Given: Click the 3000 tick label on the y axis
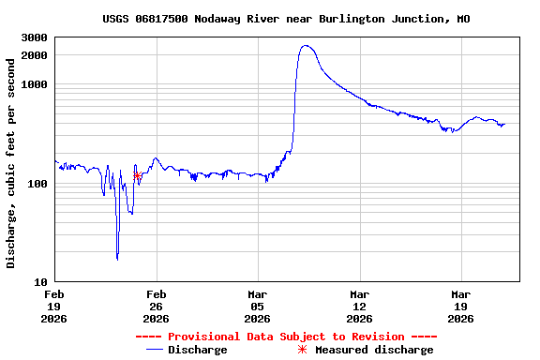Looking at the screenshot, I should click(x=34, y=37).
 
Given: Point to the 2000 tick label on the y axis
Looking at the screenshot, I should click(x=34, y=55).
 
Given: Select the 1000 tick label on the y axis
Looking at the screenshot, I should click(x=34, y=84).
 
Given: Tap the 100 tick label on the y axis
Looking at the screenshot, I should click(x=37, y=183).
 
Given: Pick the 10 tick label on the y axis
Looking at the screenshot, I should click(x=40, y=281).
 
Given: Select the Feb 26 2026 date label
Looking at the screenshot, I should click(x=157, y=306).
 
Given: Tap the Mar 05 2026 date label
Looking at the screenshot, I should click(x=258, y=306).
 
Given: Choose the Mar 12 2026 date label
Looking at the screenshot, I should click(x=359, y=306).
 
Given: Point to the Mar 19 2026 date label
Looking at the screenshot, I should click(x=460, y=306).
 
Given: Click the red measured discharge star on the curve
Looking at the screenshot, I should click(x=138, y=175).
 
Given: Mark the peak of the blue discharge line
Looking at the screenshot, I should click(x=306, y=45).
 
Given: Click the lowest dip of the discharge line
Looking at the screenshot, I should click(x=117, y=259).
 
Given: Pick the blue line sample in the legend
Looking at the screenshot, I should click(x=156, y=350).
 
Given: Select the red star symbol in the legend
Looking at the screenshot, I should click(x=302, y=350).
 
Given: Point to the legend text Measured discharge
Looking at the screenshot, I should click(x=374, y=350).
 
